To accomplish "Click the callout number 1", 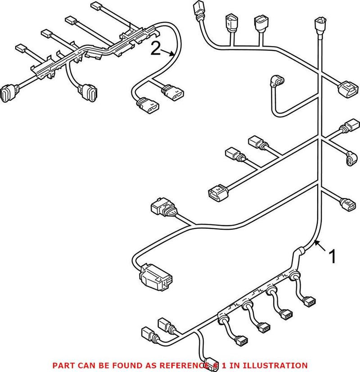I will tap(333, 257).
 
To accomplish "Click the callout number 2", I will tap(155, 48).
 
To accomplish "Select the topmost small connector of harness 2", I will tap(97, 6).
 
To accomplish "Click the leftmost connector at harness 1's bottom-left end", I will tap(147, 334).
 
